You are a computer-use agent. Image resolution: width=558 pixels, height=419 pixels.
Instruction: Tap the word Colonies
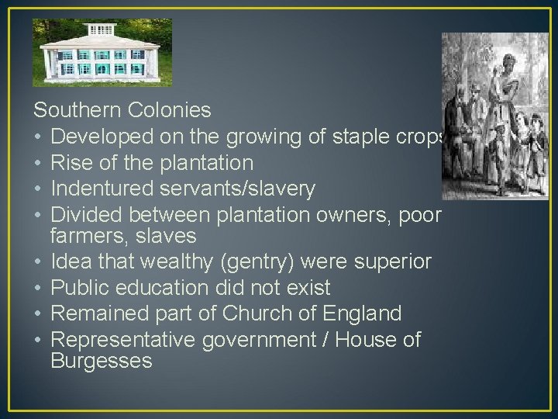[173, 110]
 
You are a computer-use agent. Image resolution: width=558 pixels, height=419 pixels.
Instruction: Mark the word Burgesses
[102, 361]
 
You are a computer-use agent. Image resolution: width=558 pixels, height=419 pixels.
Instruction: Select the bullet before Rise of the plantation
[39, 163]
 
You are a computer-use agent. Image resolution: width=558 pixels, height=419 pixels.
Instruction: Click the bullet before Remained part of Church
[39, 313]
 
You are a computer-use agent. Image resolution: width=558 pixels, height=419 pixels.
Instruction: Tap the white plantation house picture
[102, 53]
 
